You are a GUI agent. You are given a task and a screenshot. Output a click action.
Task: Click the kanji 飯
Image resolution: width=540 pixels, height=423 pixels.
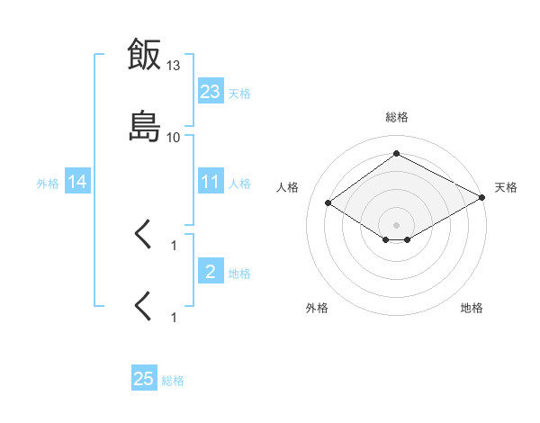144,54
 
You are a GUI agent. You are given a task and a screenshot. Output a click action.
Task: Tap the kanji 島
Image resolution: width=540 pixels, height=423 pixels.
145,126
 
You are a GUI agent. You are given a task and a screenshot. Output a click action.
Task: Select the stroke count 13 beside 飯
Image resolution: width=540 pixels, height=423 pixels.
173,65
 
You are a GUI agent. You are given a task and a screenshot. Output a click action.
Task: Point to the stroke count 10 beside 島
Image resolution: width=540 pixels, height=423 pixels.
173,138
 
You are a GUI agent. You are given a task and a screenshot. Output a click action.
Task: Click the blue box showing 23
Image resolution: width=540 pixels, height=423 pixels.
211,91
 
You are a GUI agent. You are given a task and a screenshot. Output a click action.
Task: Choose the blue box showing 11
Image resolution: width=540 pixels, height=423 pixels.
211,181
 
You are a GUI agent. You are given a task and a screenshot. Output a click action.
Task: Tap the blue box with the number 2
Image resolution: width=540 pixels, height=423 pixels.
211,270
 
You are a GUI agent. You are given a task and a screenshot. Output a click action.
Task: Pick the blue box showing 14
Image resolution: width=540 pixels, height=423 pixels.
77,181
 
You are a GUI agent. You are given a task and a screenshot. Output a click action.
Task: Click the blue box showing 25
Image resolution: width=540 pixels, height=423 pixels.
144,377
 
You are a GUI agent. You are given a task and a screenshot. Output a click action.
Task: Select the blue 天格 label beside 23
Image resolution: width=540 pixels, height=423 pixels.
239,94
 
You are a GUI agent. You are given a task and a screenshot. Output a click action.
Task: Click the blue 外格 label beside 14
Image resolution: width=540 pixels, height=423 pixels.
48,184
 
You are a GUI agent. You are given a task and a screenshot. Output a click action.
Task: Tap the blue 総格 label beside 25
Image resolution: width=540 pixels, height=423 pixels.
173,381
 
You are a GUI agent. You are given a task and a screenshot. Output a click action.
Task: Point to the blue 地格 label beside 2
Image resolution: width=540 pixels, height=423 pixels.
239,274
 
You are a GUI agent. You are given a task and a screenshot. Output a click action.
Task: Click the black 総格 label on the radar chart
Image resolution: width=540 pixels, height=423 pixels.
397,117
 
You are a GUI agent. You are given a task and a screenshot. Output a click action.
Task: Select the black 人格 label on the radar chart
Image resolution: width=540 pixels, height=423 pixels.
287,187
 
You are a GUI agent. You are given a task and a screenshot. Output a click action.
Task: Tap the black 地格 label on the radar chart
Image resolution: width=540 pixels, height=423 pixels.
472,308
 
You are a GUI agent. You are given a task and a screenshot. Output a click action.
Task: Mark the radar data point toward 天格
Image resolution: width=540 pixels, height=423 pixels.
482,197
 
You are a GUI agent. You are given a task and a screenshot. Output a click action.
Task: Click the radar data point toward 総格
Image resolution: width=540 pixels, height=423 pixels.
396,153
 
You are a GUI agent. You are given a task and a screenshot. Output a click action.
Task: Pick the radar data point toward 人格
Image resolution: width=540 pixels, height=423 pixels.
328,202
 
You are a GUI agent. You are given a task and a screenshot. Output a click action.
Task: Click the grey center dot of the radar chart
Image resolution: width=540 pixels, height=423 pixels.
396,225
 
